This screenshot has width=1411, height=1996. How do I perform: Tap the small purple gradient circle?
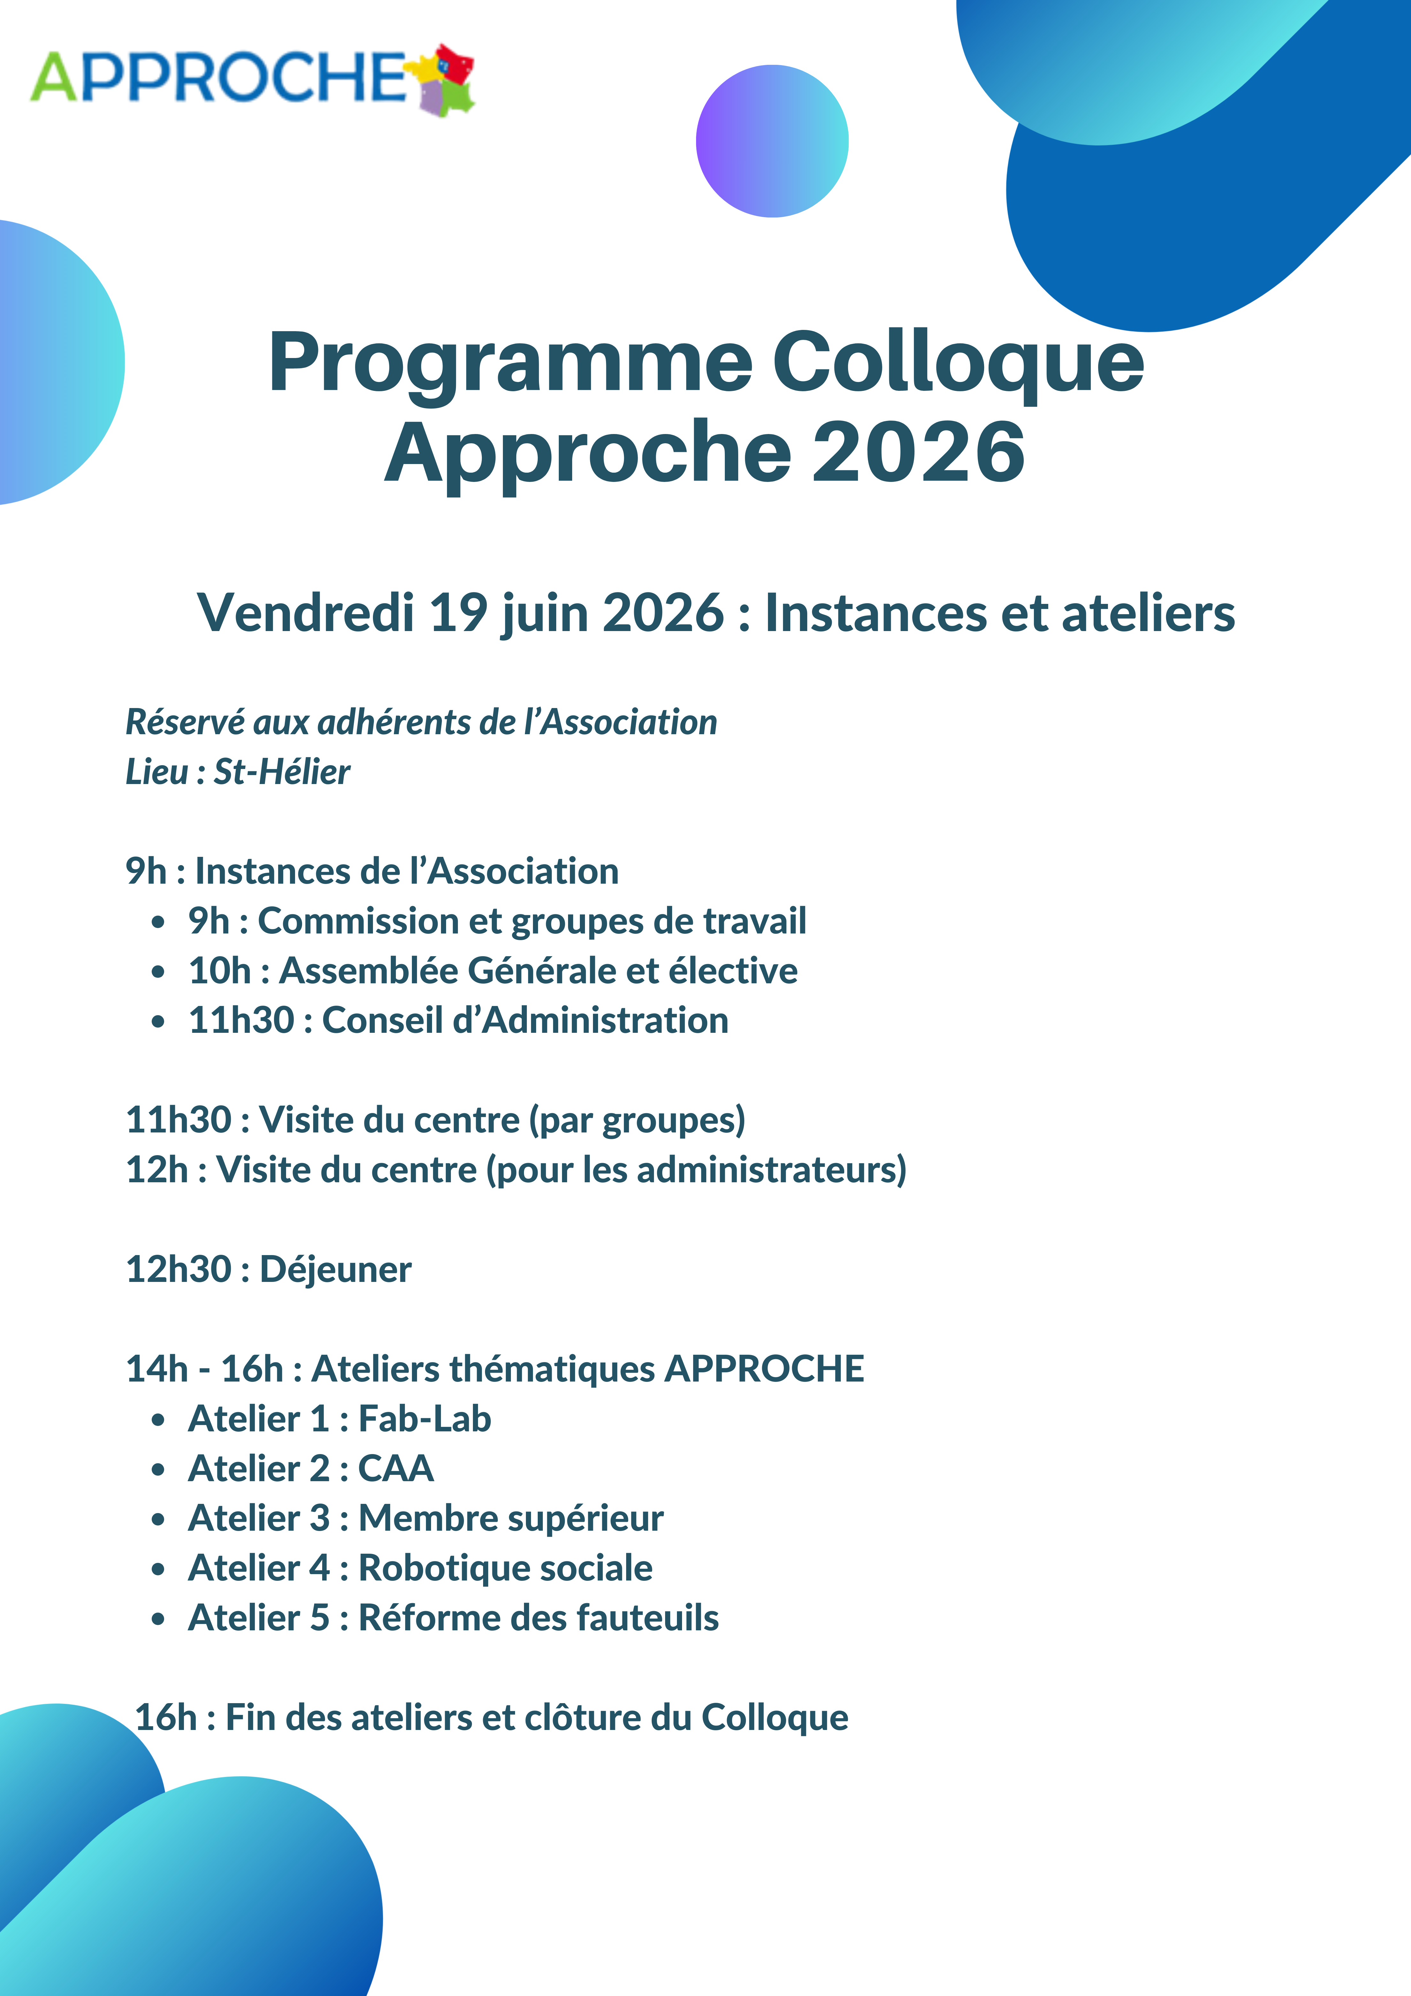[x=772, y=141]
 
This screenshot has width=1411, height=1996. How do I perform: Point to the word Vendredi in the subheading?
[x=305, y=613]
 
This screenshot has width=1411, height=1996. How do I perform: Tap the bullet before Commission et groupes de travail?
[x=157, y=922]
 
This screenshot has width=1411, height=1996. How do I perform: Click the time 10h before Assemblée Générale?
[x=219, y=971]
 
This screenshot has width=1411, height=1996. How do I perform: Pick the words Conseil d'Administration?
[x=525, y=1021]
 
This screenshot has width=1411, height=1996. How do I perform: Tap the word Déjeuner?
[x=336, y=1270]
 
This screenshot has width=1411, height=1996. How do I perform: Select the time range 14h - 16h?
[x=204, y=1369]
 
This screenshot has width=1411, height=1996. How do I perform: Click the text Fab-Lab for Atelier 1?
[x=425, y=1419]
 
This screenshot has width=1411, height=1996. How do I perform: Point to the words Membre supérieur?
[x=511, y=1519]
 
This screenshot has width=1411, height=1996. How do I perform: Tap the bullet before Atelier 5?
[x=157, y=1619]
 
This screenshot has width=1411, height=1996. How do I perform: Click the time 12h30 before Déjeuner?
[x=178, y=1270]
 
